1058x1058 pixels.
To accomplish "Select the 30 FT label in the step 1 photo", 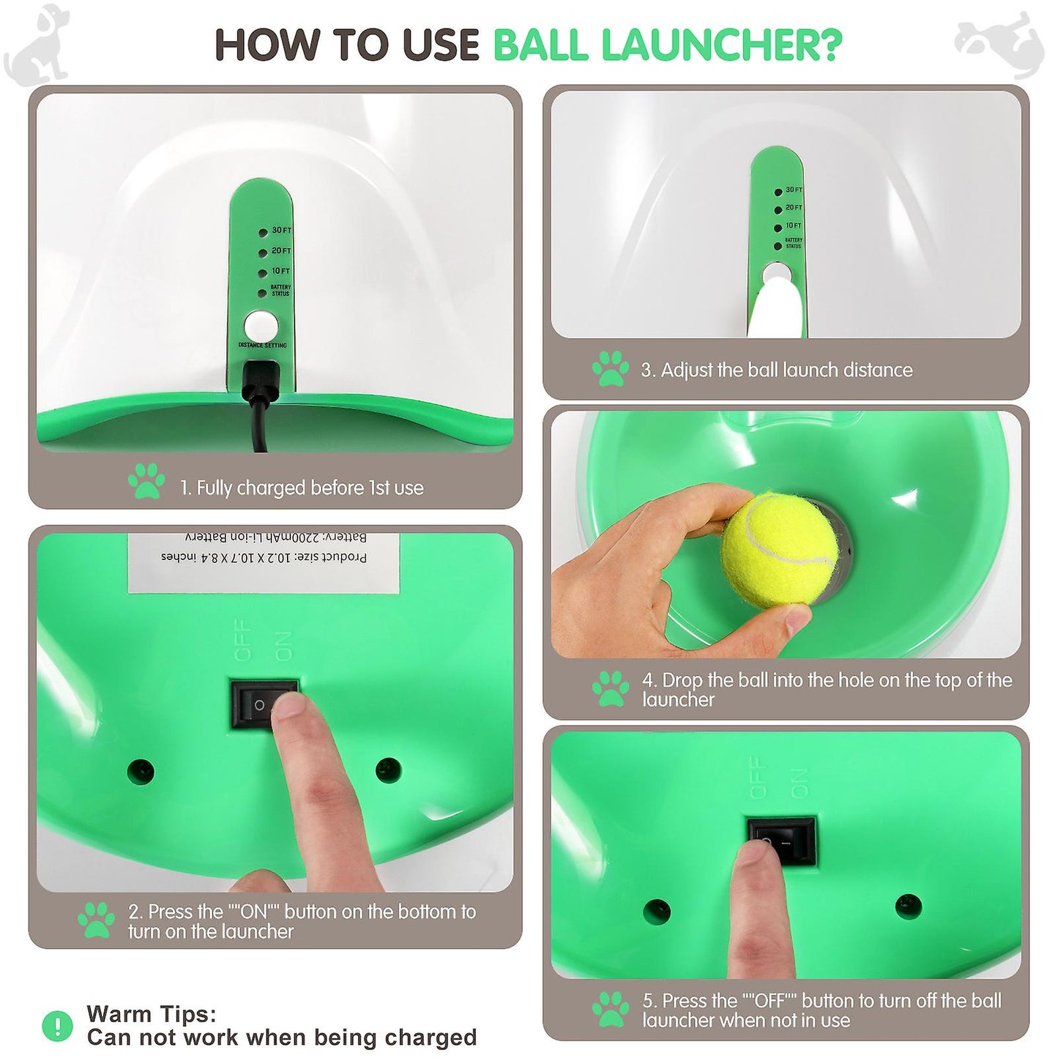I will point(281,231).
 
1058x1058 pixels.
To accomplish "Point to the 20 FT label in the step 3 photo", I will point(794,208).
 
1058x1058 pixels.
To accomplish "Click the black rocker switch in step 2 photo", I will point(264,704).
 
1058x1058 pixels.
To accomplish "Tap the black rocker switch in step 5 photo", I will point(781,841).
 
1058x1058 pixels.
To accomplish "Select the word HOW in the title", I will point(268,45).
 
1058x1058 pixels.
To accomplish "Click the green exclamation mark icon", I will point(57,1026).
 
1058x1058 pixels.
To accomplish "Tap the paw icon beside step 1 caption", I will point(146,481).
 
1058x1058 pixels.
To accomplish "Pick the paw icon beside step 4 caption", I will point(610,688).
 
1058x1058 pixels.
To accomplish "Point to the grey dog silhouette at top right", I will point(1000,41).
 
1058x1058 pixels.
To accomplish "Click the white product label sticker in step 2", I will point(264,562).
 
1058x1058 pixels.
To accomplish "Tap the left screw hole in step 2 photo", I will point(141,771).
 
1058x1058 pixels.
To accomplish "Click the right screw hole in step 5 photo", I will point(908,905).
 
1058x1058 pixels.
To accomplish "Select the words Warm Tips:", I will point(152,1014).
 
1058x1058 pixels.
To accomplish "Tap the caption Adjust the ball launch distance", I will point(786,370).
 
